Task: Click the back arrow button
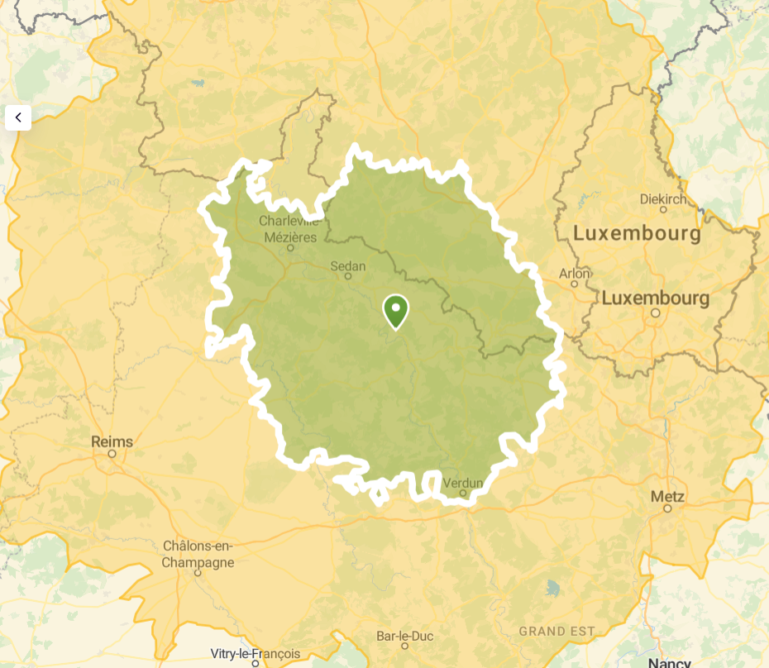[x=18, y=117]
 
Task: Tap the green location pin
[x=395, y=311]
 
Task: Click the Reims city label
[x=112, y=441]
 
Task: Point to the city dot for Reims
[x=112, y=454]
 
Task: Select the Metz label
[x=667, y=497]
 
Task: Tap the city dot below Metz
[x=667, y=508]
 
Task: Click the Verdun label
[x=462, y=483]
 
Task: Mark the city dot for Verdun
[x=463, y=494]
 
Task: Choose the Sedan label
[x=347, y=266]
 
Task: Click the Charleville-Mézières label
[x=288, y=229]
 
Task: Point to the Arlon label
[x=575, y=273]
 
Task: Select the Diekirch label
[x=663, y=199]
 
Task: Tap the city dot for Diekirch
[x=663, y=210]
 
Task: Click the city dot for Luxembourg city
[x=656, y=313]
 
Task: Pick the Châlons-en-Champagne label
[x=198, y=555]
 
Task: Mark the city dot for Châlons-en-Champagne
[x=198, y=572]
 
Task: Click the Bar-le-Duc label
[x=404, y=637]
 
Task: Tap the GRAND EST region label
[x=556, y=632]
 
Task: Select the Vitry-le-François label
[x=256, y=654]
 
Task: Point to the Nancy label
[x=670, y=662]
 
